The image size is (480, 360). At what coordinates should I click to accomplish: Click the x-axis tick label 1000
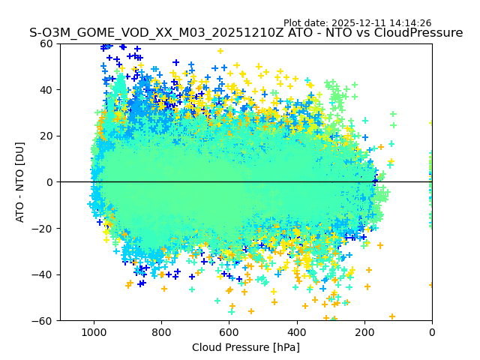(94, 331)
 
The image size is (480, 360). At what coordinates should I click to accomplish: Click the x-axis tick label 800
(161, 331)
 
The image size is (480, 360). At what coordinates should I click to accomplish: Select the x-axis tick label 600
(229, 331)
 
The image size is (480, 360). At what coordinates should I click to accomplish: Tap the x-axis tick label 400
(296, 331)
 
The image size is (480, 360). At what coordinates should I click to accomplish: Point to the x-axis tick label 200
(364, 331)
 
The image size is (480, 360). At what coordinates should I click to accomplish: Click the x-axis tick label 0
(431, 331)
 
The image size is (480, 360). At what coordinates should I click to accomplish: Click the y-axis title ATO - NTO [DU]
(20, 182)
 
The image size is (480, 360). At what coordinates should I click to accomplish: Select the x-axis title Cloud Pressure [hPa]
(245, 347)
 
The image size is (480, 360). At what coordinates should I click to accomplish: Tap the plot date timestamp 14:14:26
(410, 23)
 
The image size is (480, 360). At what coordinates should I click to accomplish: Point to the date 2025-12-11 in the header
(358, 23)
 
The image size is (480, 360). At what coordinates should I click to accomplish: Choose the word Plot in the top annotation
(294, 23)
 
